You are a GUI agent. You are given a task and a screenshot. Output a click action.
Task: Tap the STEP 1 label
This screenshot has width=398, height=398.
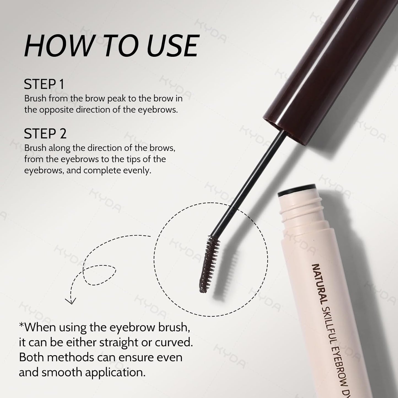coord(44,84)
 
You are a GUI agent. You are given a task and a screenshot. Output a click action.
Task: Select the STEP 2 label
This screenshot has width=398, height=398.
coord(45,134)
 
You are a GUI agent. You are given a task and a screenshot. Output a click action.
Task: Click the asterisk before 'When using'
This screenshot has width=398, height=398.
coord(21,326)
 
